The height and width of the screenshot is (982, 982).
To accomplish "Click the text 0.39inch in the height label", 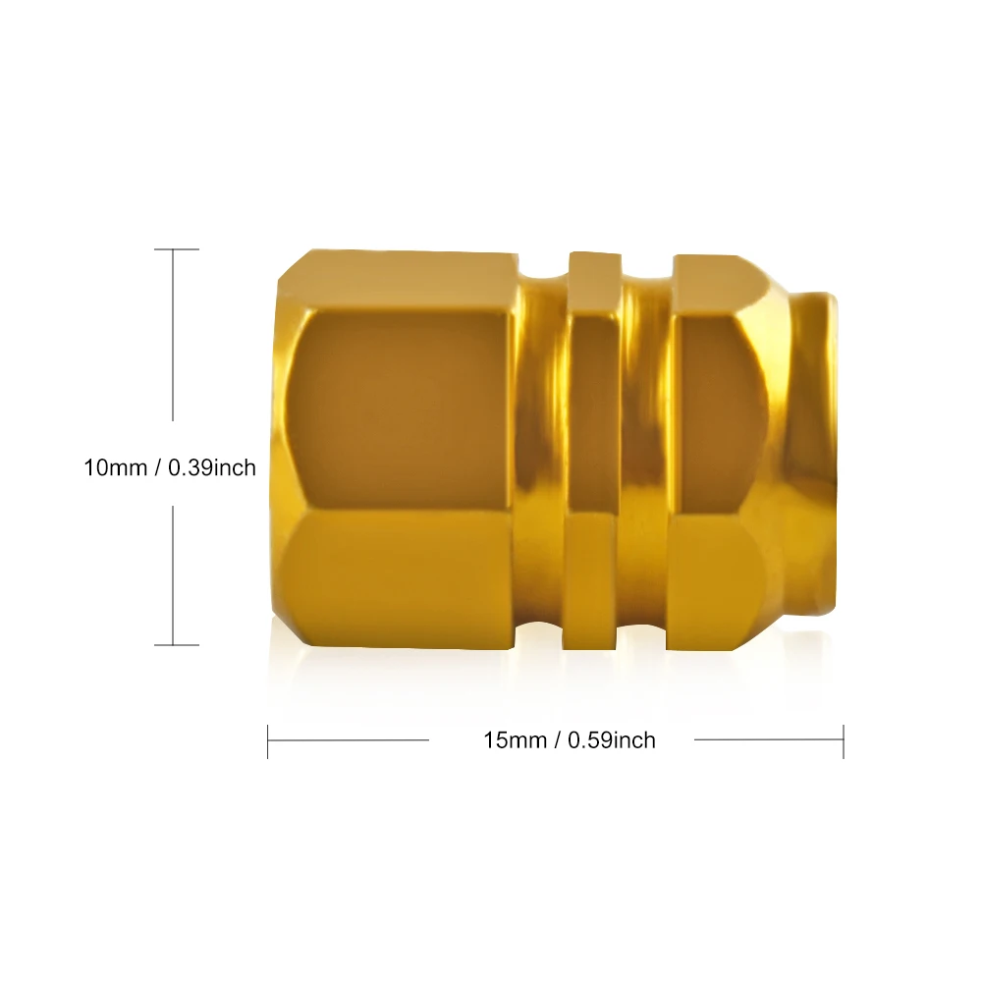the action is [x=212, y=467].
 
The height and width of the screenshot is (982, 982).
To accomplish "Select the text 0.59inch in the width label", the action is [x=612, y=740].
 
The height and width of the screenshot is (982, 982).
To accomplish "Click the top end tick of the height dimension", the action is [x=177, y=249].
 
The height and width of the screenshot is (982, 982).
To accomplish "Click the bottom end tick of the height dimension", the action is [x=177, y=644].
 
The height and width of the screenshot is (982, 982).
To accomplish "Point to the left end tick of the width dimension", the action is [x=267, y=741].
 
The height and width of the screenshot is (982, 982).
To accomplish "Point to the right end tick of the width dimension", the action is [x=844, y=741].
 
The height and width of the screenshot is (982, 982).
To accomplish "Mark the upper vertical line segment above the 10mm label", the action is [x=173, y=335].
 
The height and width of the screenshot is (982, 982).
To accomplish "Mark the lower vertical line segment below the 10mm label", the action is [x=173, y=574].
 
